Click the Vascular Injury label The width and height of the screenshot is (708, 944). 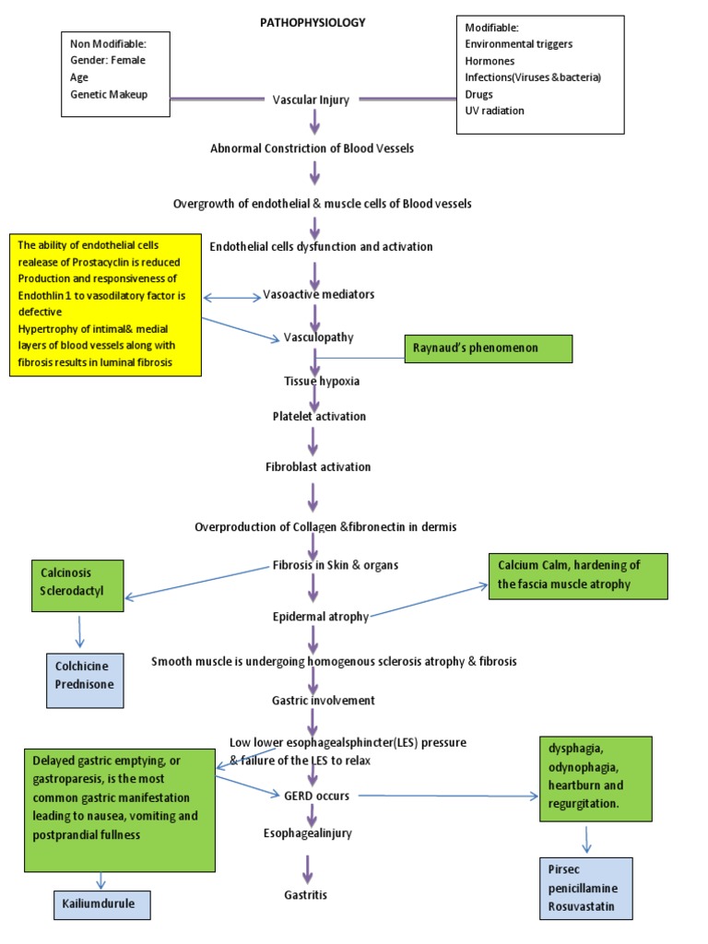(x=311, y=100)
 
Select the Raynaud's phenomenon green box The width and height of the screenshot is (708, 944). (x=489, y=348)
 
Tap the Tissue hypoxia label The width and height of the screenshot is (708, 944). (x=315, y=380)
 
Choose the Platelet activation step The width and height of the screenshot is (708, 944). (x=319, y=417)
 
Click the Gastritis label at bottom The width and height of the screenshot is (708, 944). (x=305, y=895)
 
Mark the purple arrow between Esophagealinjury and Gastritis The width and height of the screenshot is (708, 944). (x=307, y=867)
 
